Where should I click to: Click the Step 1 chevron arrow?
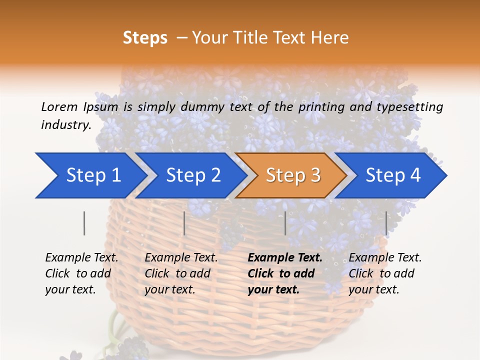(x=90, y=175)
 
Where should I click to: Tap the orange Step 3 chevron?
(x=291, y=175)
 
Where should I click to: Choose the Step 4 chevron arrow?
(x=391, y=175)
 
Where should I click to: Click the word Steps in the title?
(x=145, y=38)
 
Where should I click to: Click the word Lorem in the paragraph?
(x=59, y=106)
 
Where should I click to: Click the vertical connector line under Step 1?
(x=84, y=223)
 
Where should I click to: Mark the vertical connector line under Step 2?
(x=184, y=223)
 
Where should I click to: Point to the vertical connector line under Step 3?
(x=285, y=223)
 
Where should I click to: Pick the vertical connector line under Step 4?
(x=386, y=223)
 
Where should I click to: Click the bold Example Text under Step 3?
(x=285, y=258)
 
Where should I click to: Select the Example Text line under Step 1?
(x=81, y=258)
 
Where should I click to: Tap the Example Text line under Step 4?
(x=385, y=258)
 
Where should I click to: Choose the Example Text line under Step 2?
(x=181, y=258)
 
